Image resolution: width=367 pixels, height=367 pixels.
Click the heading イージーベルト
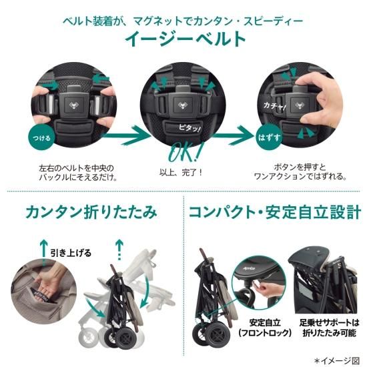(184, 39)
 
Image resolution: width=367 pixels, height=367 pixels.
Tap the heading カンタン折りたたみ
(91, 213)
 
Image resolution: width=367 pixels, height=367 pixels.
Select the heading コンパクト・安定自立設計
(275, 213)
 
